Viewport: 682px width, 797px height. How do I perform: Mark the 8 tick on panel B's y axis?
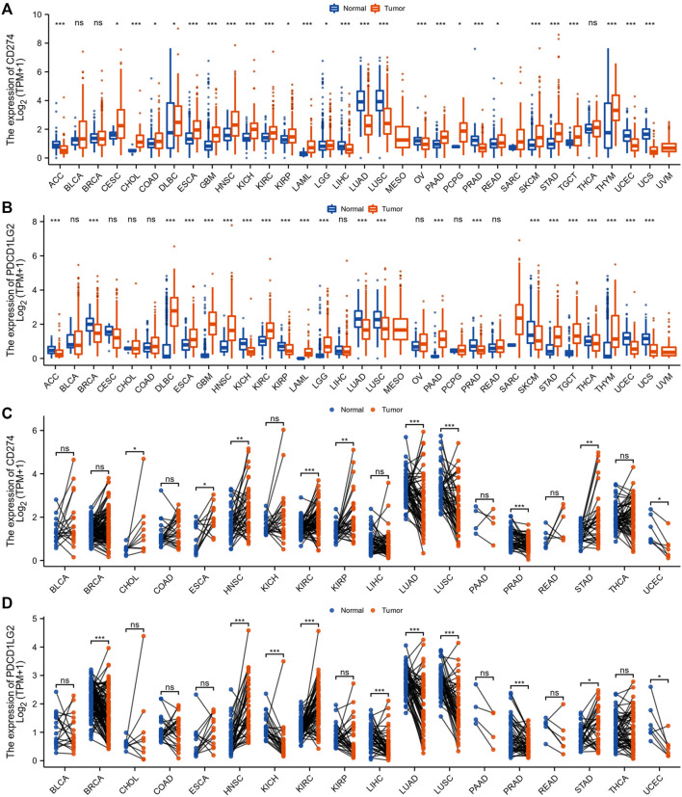37,222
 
